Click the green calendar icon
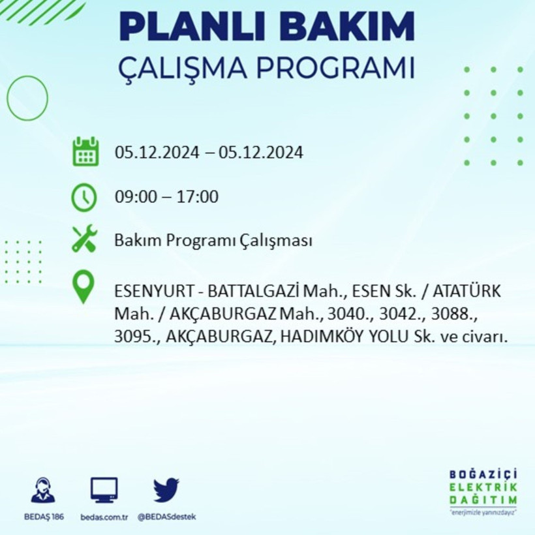click(85, 152)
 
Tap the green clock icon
click(85, 197)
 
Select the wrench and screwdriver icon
click(85, 239)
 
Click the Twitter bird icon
click(166, 489)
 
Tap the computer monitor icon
click(104, 489)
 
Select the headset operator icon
click(43, 490)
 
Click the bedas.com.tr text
click(104, 517)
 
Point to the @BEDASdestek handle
click(166, 517)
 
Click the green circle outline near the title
click(27, 98)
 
